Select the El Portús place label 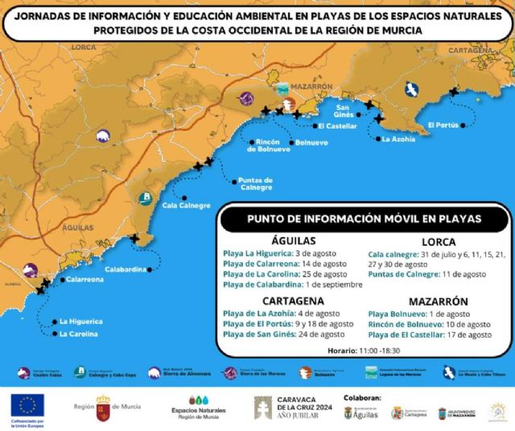point(443,125)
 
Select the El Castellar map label point(337,126)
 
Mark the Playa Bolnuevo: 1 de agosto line point(418,314)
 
